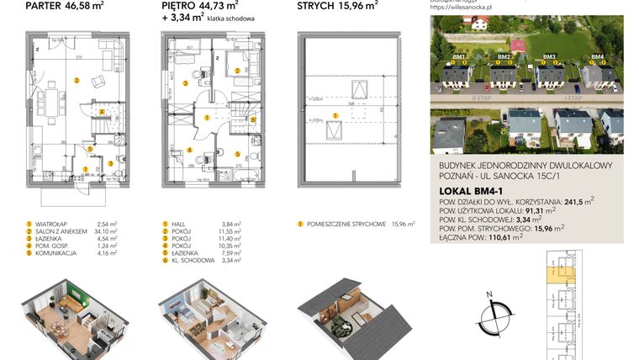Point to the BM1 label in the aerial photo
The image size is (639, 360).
459,57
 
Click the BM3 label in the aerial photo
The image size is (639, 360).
549,57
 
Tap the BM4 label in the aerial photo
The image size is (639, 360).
597,57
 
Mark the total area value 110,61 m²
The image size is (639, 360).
504,238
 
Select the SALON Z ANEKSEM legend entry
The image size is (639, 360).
64,231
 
